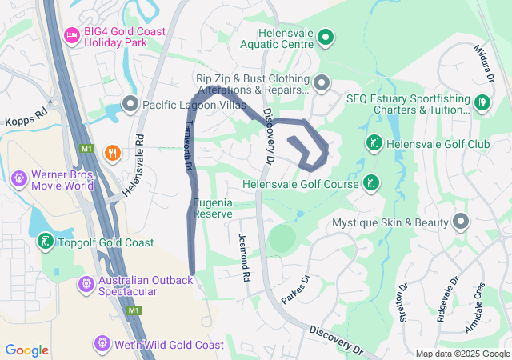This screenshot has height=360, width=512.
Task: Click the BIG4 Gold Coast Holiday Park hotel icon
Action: (x=71, y=35)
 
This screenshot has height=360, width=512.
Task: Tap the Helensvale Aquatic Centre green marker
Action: (x=326, y=37)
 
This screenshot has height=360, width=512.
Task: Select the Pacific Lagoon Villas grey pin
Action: (x=130, y=104)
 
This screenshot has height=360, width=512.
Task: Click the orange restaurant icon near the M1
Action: (x=113, y=152)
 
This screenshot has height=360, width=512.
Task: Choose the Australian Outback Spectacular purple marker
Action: (x=86, y=284)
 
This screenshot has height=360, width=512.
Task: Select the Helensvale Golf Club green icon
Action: (x=373, y=144)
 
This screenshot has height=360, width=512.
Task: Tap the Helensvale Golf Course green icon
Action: (x=371, y=183)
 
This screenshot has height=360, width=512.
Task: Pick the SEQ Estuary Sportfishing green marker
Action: (x=482, y=102)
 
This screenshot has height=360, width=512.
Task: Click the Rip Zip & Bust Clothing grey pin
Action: (x=322, y=82)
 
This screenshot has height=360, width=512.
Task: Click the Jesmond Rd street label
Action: (x=244, y=256)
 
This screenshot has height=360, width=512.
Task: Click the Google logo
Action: (x=27, y=350)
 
